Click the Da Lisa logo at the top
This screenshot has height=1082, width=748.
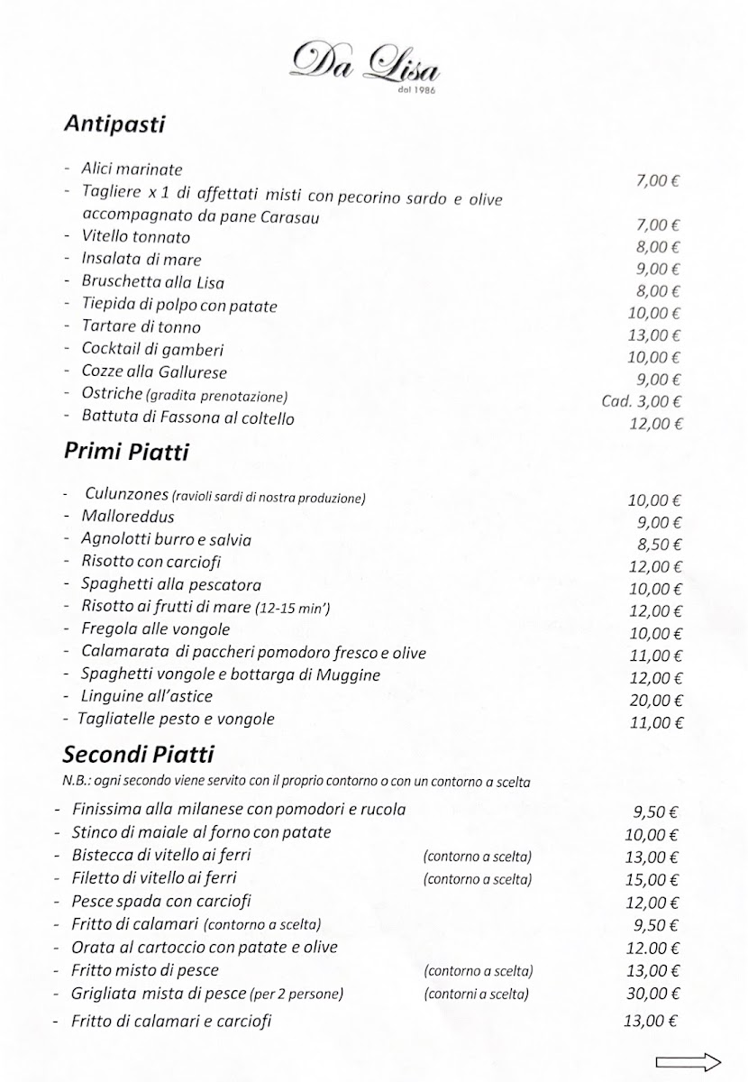click(x=369, y=61)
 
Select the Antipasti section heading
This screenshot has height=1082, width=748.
click(x=114, y=124)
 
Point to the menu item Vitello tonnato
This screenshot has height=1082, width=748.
click(x=135, y=237)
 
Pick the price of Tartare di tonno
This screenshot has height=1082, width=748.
click(x=654, y=335)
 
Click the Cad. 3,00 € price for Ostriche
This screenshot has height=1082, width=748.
click(x=642, y=401)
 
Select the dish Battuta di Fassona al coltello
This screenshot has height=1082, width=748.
click(x=187, y=418)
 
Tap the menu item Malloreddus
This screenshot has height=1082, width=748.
click(x=128, y=517)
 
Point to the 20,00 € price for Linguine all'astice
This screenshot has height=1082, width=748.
click(x=654, y=700)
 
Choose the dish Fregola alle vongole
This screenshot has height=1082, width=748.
click(x=155, y=628)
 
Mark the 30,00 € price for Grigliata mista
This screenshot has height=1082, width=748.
click(x=651, y=995)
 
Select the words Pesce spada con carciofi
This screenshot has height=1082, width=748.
click(x=161, y=901)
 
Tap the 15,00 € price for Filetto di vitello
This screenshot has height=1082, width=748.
click(x=651, y=878)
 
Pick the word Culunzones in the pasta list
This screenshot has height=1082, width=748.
click(x=123, y=495)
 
